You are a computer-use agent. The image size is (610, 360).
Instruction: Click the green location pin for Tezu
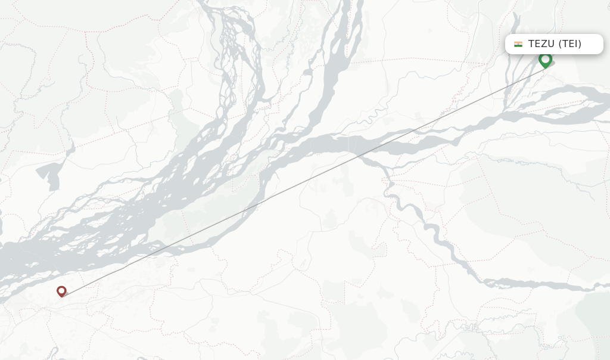coord(545,60)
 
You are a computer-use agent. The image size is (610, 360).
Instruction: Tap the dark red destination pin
coord(61,291)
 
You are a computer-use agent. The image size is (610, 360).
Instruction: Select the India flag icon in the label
coord(518,44)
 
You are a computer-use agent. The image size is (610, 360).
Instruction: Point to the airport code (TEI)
coord(570,44)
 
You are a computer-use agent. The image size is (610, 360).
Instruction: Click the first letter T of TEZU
coord(531,44)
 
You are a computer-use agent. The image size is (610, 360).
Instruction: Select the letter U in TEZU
coord(552,44)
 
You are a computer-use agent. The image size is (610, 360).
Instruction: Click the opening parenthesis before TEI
coord(561,44)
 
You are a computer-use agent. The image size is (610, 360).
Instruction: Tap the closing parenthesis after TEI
coord(580,44)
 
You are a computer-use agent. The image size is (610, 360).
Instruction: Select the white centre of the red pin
coord(61,290)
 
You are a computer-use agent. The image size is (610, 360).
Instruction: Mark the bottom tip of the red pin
coord(61,297)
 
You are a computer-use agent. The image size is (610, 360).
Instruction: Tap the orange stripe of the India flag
coord(518,42)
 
